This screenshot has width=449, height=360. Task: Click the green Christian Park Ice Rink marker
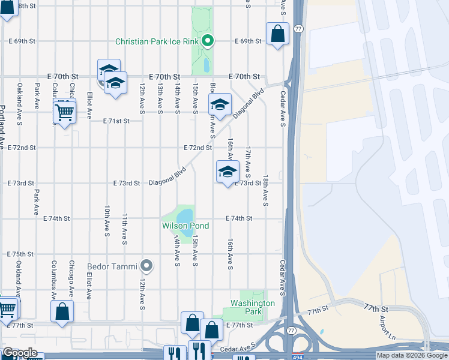208,41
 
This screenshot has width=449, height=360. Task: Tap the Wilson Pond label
185,226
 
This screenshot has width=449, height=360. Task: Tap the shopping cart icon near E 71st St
64,111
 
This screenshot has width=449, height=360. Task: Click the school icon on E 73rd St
228,172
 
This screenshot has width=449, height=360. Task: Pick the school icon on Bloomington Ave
220,104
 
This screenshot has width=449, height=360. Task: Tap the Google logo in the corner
20,353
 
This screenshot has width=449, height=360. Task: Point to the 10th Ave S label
106,220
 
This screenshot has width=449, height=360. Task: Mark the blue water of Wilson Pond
186,217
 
